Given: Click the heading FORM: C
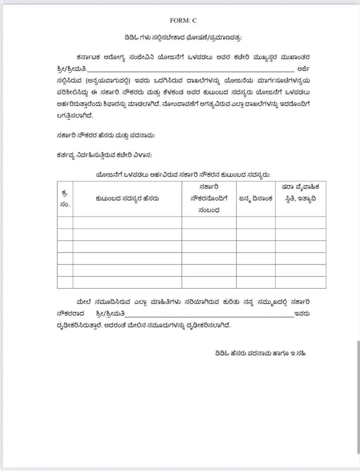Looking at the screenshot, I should [x=183, y=20].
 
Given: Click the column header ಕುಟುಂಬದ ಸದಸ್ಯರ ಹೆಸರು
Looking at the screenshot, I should [x=127, y=198].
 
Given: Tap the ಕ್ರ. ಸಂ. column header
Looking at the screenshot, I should [x=65, y=199].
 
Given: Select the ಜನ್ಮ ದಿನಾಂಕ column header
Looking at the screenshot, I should [x=256, y=198].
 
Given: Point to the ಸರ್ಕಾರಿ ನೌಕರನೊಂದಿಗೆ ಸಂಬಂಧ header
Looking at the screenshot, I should [x=209, y=198].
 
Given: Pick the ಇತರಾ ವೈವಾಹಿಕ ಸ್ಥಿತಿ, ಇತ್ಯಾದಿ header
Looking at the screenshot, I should [x=300, y=193].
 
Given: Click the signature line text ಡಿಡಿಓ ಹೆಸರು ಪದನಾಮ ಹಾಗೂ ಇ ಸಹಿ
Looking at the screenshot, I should [x=260, y=353].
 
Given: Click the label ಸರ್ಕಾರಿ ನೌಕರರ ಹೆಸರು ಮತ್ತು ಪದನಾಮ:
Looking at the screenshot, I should [x=106, y=135].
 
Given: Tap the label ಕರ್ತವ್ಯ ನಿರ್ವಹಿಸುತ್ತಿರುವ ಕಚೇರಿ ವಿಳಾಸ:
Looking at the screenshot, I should [x=104, y=155].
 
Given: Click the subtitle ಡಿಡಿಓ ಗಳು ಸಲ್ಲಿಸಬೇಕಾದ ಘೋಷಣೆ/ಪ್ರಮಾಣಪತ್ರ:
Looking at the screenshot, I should [x=183, y=37].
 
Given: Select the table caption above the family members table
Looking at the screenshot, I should [x=183, y=174].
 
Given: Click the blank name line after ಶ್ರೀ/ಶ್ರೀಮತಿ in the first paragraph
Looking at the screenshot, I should [x=191, y=70].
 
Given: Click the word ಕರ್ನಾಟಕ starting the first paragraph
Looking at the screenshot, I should [x=88, y=57].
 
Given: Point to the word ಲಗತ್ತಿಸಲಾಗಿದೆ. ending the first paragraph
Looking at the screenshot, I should [x=75, y=116].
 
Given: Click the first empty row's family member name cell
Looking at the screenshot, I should [x=127, y=222].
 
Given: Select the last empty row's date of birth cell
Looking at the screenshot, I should [x=256, y=282].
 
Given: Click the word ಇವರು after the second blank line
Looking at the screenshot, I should [x=302, y=314].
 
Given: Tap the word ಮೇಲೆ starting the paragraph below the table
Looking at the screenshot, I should [x=84, y=302].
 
